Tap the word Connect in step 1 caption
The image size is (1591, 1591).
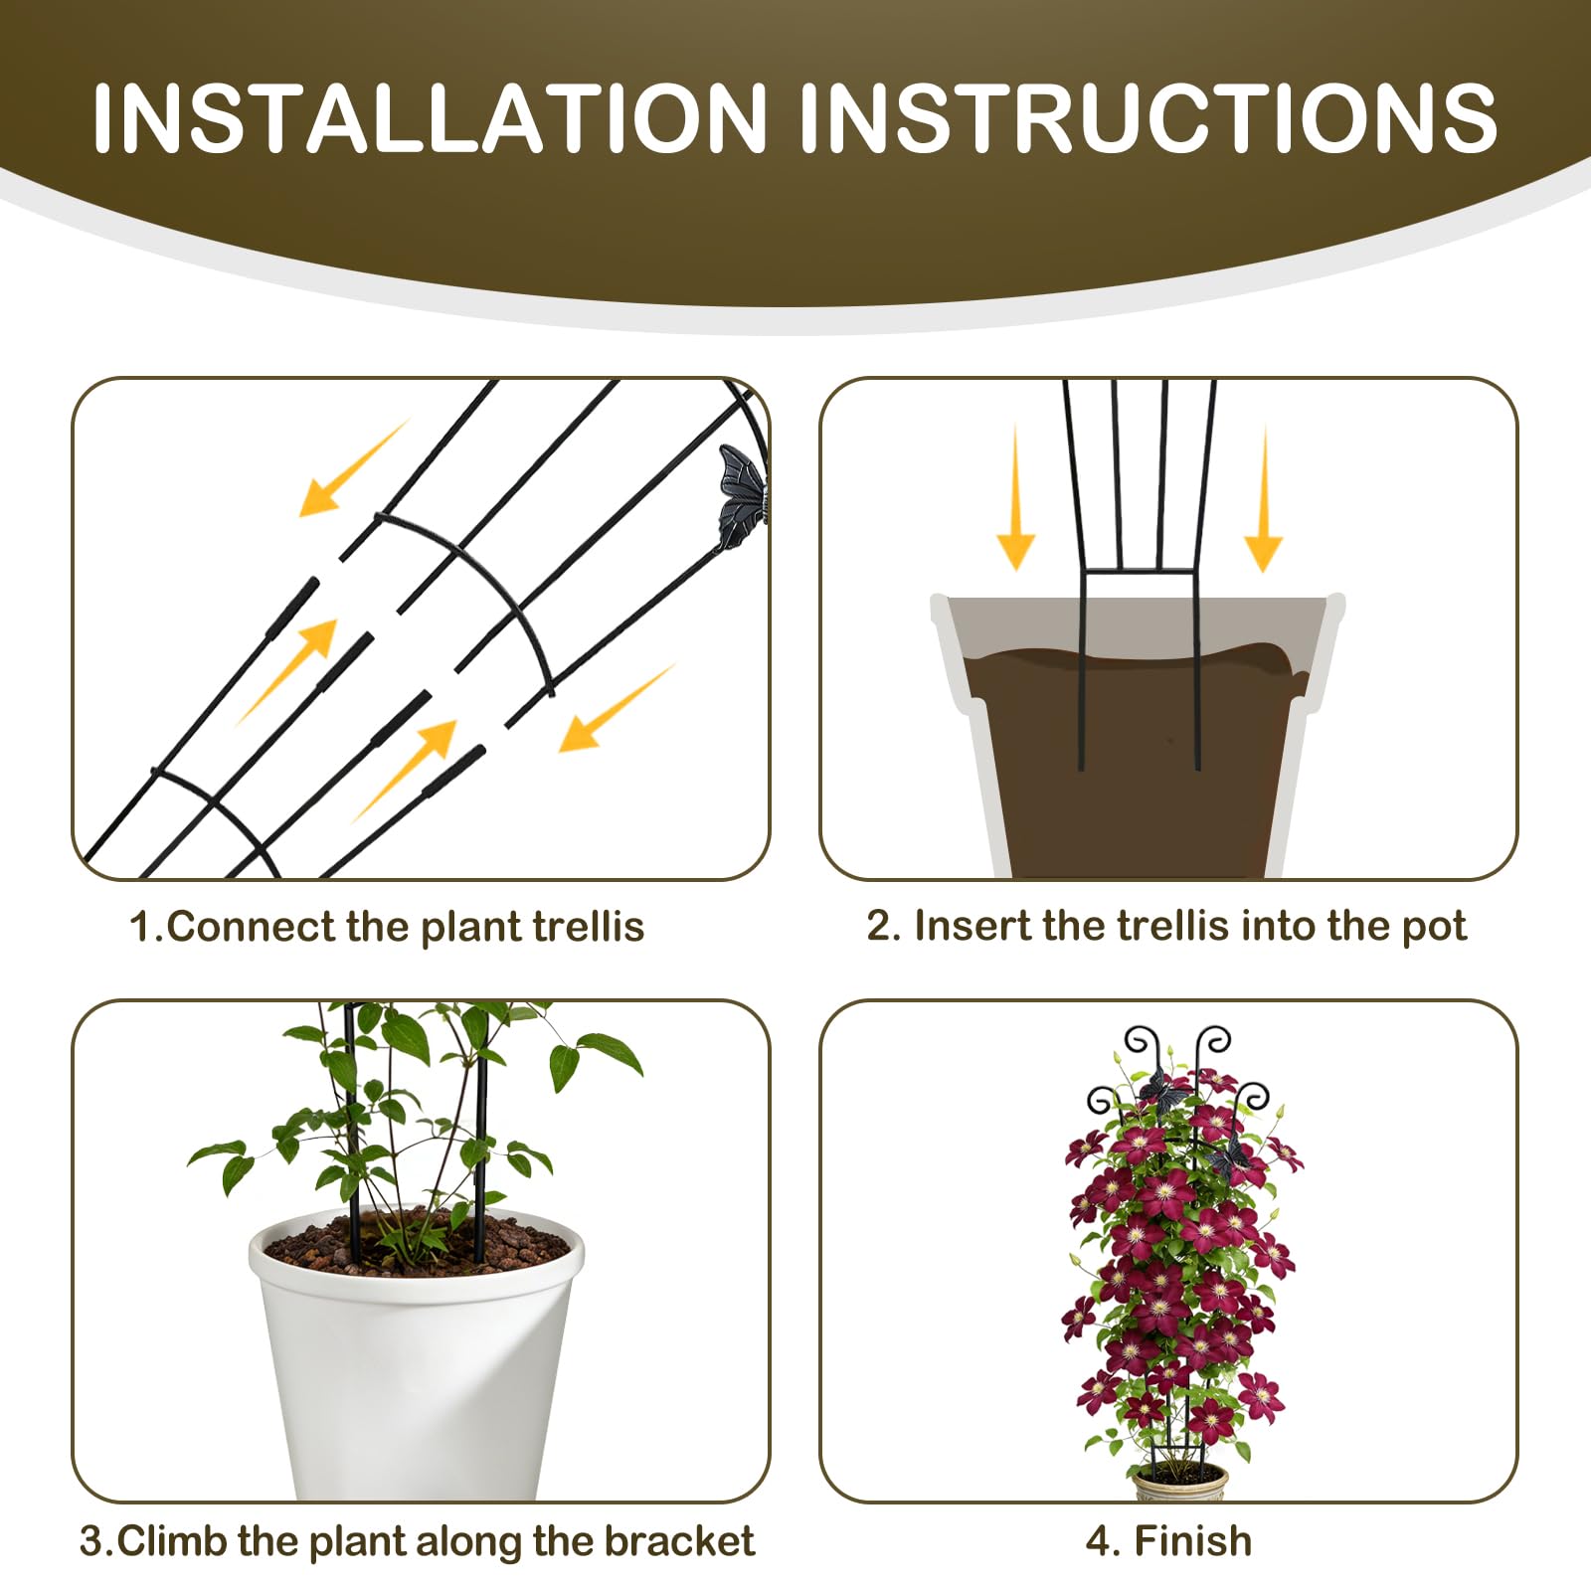(x=251, y=927)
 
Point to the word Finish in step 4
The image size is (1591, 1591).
(x=1193, y=1541)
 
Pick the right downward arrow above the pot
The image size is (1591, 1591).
(x=1264, y=499)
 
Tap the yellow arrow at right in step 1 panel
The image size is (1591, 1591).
(x=617, y=707)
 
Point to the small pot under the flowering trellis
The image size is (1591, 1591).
(x=1179, y=1484)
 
